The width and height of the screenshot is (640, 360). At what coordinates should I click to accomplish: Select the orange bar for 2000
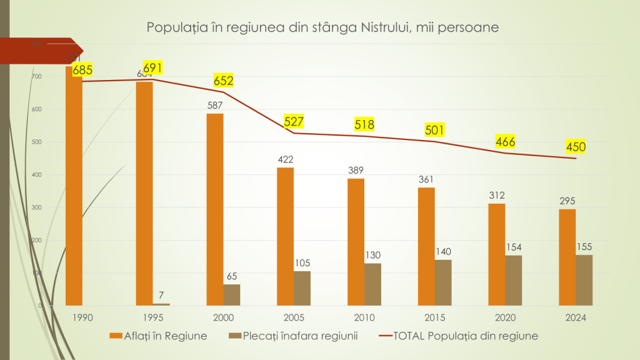(x=215, y=209)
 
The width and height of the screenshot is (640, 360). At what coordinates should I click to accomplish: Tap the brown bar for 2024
(x=584, y=280)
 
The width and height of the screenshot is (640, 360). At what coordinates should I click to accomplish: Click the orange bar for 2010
(x=356, y=242)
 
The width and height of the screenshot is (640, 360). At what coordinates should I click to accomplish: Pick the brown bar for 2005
(x=302, y=288)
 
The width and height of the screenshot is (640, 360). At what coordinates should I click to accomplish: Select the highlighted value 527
(x=294, y=121)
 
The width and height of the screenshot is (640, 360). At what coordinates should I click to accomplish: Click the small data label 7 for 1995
(x=161, y=295)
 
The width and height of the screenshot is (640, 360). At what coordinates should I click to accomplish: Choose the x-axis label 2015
(x=434, y=317)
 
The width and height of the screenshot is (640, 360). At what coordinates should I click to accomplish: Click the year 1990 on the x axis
(x=82, y=317)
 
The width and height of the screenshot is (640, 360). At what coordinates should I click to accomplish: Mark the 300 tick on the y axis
(x=37, y=207)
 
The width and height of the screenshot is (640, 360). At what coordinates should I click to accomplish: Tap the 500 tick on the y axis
(x=37, y=142)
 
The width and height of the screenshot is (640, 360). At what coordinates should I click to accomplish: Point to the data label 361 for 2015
(x=426, y=179)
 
